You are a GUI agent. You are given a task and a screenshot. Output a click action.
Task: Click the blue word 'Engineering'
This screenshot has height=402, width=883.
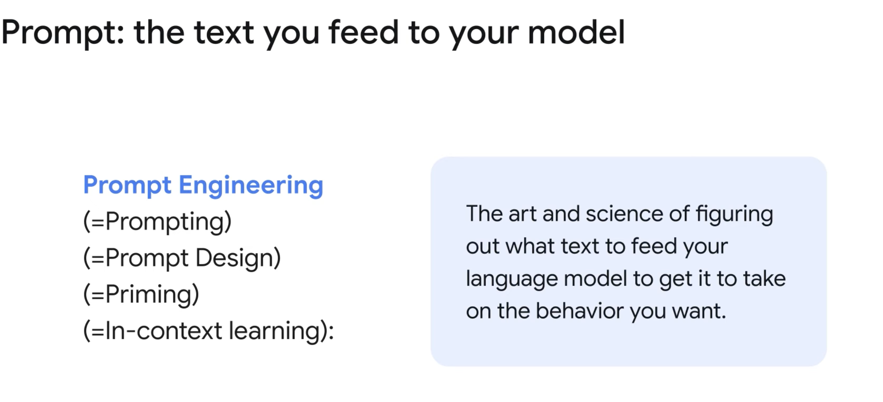pyautogui.click(x=251, y=186)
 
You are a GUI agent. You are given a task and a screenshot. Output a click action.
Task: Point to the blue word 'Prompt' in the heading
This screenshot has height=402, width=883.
pyautogui.click(x=127, y=186)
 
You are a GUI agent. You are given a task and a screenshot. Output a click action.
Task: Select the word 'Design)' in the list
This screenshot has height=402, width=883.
pyautogui.click(x=238, y=258)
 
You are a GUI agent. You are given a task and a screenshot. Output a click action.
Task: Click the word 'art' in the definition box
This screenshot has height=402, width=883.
pyautogui.click(x=522, y=214)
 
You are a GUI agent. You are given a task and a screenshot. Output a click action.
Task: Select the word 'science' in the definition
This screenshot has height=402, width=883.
pyautogui.click(x=624, y=214)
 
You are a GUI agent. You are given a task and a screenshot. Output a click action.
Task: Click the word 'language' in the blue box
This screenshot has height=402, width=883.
pyautogui.click(x=512, y=279)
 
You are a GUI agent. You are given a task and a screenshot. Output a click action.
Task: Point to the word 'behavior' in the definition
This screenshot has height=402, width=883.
pyautogui.click(x=579, y=311)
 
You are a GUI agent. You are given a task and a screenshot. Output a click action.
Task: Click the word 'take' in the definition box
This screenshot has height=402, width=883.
pyautogui.click(x=765, y=278)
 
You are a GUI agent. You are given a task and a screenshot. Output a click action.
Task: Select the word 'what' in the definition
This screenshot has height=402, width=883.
pyautogui.click(x=530, y=246)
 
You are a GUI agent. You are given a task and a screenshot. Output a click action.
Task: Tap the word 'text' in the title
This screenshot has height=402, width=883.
pyautogui.click(x=224, y=33)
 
